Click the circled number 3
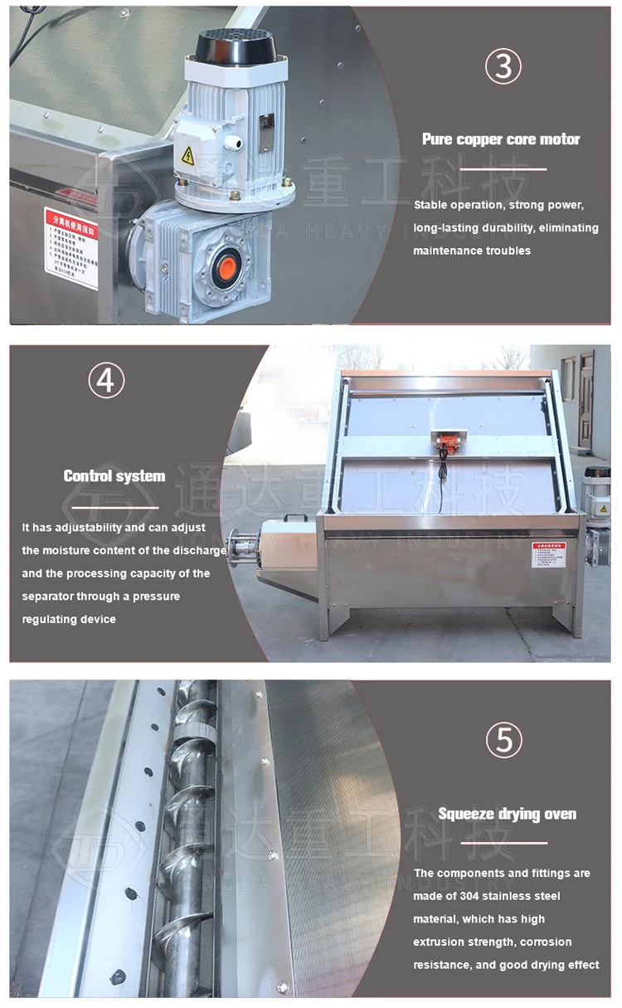point(503,67)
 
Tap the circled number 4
point(106,380)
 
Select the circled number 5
point(503,740)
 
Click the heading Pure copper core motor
point(501,139)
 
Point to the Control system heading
point(114,476)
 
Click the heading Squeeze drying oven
point(507,814)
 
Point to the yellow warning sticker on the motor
point(187,154)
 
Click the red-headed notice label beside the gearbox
point(71,246)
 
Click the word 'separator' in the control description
point(49,597)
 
